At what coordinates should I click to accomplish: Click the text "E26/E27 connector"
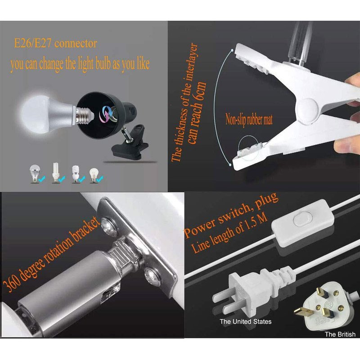[55, 43]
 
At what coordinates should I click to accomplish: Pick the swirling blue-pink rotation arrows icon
[106, 114]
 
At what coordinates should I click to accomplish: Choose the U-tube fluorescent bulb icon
[55, 172]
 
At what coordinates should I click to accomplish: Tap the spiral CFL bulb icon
[75, 174]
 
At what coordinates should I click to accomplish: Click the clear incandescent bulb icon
[93, 175]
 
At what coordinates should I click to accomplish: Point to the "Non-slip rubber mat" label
[249, 120]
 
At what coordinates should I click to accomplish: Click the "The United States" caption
[245, 321]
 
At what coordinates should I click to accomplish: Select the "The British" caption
[340, 334]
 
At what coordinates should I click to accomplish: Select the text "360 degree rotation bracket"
[51, 254]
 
